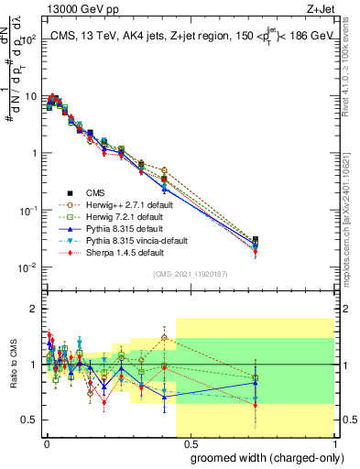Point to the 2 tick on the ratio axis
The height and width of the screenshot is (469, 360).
34,309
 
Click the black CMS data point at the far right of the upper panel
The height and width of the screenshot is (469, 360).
256,241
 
